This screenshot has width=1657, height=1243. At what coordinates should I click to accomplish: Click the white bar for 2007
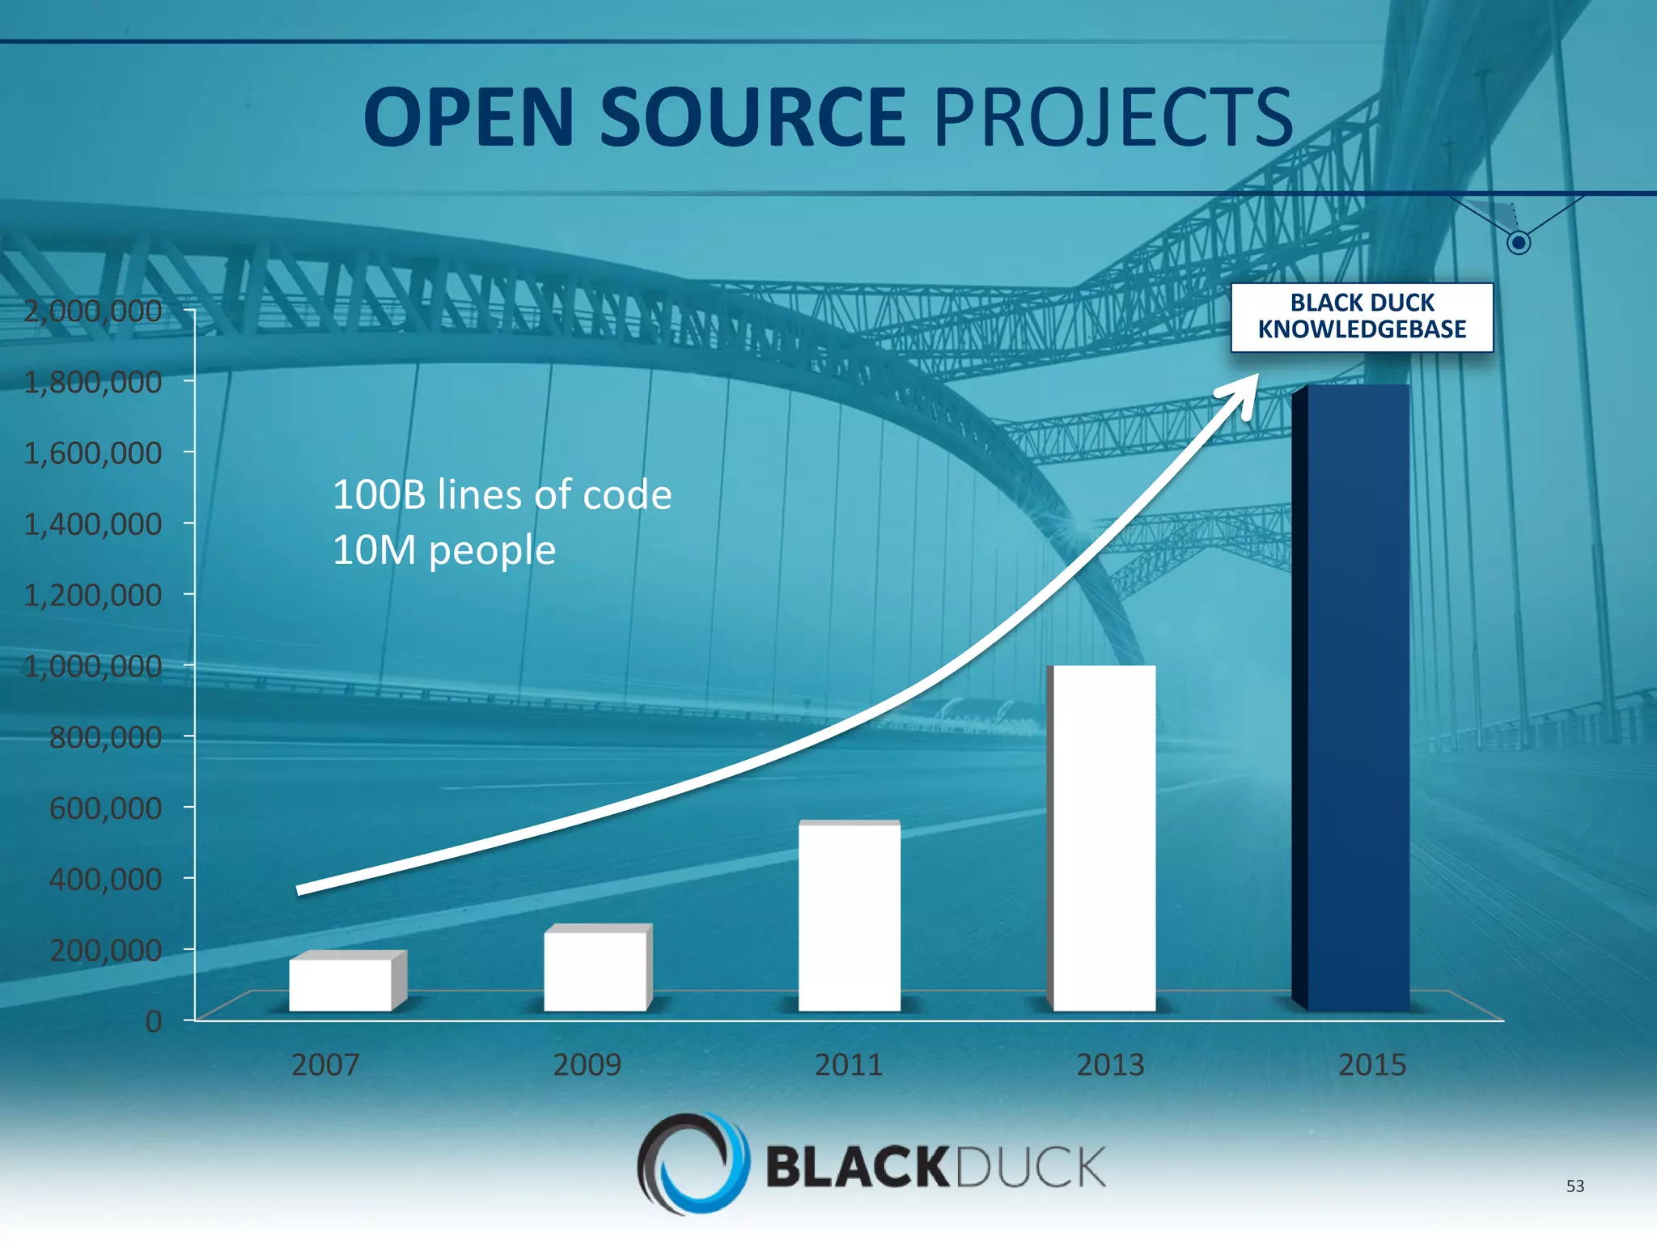340,984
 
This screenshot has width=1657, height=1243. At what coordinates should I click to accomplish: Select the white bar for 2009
595,970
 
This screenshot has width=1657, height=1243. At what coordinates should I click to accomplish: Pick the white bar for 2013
1104,838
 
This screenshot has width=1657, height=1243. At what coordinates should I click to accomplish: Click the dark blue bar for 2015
1358,697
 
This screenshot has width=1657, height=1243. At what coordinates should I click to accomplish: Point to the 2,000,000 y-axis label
92,311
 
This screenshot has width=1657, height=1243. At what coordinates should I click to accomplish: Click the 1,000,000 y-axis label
92,666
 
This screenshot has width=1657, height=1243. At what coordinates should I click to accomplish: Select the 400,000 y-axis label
105,879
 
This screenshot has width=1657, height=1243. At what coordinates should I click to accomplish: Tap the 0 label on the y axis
153,1021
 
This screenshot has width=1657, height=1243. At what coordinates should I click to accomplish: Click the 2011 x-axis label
848,1064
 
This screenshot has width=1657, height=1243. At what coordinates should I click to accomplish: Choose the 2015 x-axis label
1371,1064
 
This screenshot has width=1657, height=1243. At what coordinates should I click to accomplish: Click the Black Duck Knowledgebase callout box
1362,316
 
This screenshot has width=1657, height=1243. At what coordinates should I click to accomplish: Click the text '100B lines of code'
502,494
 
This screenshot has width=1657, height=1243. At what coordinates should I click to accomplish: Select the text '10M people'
443,550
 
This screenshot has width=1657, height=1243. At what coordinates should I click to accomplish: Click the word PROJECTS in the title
1113,118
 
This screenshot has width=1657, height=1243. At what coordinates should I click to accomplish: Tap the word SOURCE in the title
752,118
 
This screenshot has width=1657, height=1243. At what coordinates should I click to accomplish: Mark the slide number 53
1574,1186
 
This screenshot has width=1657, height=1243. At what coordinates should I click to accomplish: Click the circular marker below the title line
1519,242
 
